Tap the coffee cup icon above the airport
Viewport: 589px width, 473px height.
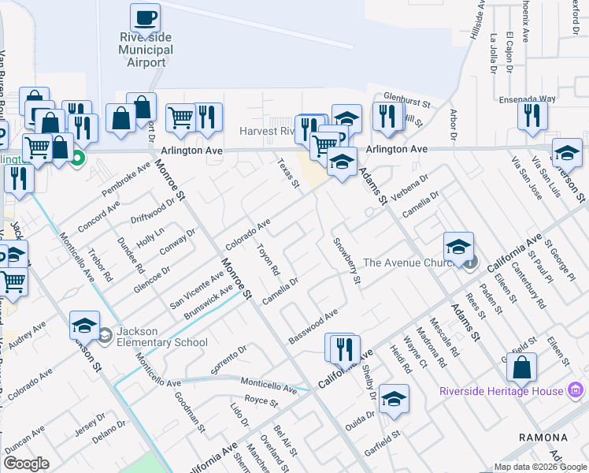(144, 17)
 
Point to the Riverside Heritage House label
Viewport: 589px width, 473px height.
(501, 391)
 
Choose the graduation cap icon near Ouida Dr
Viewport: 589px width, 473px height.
(394, 399)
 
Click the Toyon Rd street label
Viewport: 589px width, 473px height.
(269, 259)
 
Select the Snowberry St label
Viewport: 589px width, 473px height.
(346, 261)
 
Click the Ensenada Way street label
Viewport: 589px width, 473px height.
(527, 100)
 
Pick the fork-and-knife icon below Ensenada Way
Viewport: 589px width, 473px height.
(533, 116)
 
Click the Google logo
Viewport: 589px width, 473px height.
(27, 464)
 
